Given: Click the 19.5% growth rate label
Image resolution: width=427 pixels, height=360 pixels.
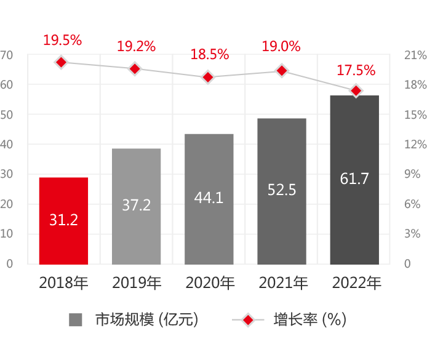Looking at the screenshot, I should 62,41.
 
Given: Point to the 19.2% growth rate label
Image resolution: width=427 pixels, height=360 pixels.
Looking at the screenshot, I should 136,46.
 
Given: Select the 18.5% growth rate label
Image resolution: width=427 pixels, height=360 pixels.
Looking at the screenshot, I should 209,54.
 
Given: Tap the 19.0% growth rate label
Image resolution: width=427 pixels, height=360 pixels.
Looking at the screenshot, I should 281,46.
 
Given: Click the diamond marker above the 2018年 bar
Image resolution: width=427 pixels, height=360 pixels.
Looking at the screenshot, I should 60,62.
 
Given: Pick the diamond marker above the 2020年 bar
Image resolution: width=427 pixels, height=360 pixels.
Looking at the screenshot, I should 208,77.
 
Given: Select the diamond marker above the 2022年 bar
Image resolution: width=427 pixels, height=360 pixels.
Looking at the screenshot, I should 355,90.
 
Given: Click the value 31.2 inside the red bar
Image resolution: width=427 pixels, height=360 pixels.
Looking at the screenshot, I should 63,220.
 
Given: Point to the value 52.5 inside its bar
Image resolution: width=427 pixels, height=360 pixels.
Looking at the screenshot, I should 282,190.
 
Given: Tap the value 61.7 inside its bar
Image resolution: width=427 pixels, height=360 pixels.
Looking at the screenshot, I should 354,179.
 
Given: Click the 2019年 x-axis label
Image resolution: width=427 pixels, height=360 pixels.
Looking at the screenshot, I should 137,283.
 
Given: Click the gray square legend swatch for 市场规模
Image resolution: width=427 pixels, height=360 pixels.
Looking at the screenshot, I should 76,320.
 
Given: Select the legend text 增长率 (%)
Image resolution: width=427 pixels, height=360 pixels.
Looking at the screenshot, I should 310,320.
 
